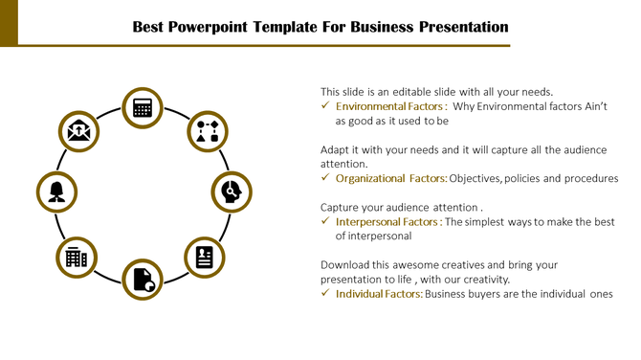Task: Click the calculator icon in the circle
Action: [144, 107]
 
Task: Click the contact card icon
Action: [205, 256]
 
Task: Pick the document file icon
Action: [144, 279]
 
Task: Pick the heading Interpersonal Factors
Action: [387, 221]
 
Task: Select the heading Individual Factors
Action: [379, 293]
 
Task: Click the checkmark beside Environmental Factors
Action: [325, 106]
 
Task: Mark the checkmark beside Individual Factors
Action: [325, 293]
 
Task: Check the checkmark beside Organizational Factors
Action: [325, 178]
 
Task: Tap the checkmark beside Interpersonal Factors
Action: [325, 221]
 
